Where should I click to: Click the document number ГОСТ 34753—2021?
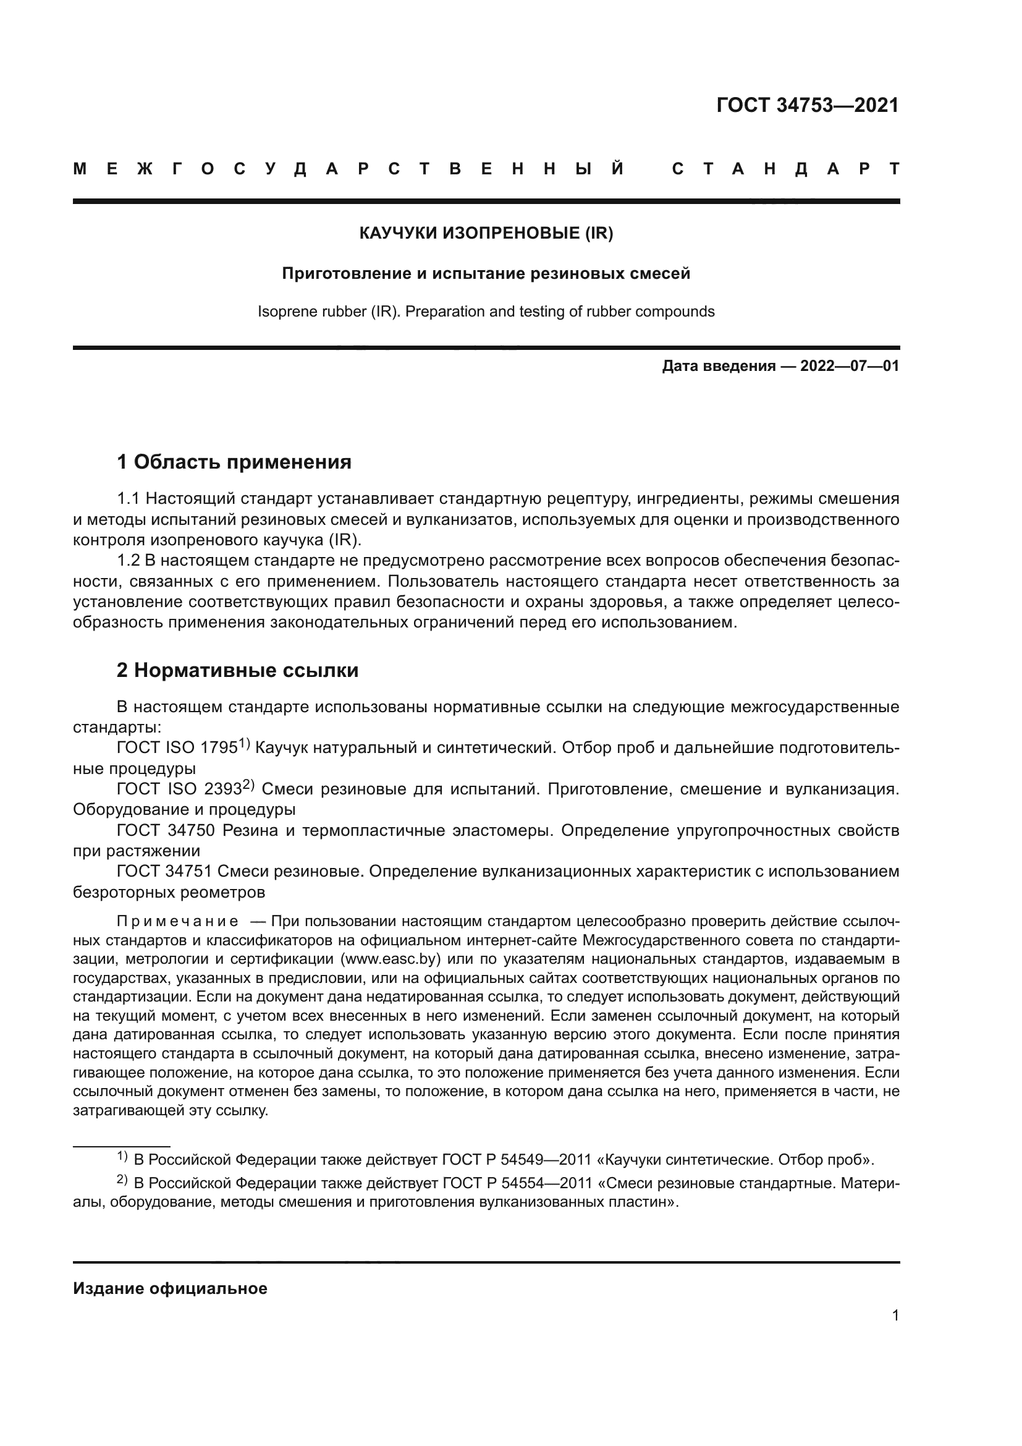point(808,105)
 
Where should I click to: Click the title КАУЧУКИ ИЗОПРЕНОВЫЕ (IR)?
point(486,233)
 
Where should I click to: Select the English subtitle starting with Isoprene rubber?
point(486,312)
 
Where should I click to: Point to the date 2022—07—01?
point(850,366)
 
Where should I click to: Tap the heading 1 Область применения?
point(234,462)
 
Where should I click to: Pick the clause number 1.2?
point(128,561)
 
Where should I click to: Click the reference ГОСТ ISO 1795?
point(177,748)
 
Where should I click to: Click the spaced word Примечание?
point(177,922)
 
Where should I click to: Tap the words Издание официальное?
point(170,1288)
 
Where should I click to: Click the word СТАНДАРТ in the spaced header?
point(785,169)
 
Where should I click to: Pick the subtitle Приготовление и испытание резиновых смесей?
point(486,273)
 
